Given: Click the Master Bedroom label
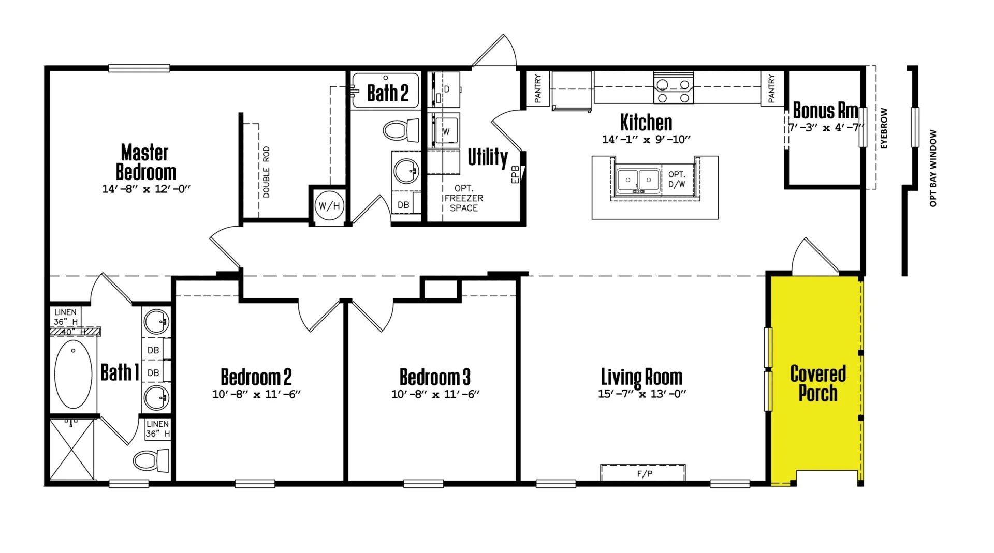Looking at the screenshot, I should (145, 162).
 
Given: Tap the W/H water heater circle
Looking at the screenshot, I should (329, 205).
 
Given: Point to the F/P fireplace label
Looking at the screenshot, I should (644, 473).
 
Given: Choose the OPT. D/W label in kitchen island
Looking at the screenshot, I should (677, 179).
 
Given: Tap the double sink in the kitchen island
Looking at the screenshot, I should (638, 181).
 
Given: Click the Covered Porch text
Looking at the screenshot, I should (817, 383).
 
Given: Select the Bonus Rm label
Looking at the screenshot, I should (825, 111).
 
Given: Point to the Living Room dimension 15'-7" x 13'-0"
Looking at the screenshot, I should (642, 394).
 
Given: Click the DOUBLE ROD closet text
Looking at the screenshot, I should (266, 172).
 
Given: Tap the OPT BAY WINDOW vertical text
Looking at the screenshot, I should (933, 168).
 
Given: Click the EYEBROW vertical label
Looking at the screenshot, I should (884, 128).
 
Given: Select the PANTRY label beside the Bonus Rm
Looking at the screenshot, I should (772, 88).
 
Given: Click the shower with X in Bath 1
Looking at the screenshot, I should (72, 450).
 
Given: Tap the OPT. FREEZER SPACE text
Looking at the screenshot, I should (463, 198).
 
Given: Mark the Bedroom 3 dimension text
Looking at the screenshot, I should (435, 394).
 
